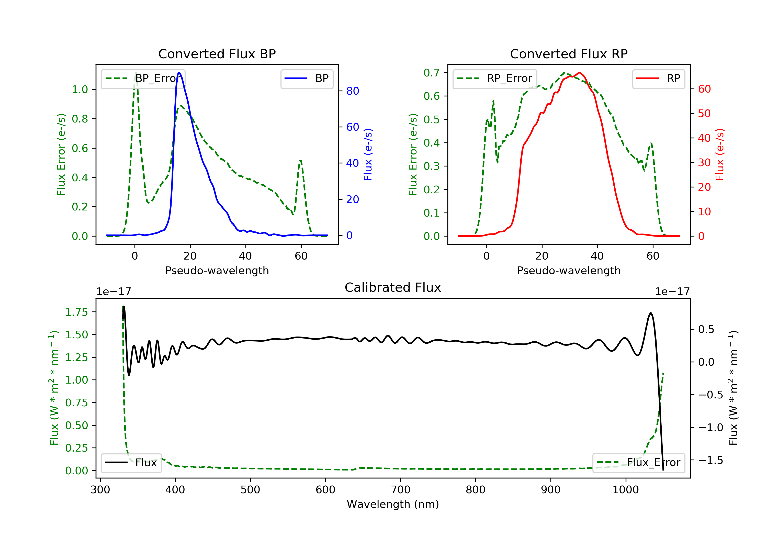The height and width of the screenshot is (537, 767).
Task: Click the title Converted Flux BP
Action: click(217, 54)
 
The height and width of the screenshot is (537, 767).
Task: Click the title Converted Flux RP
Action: click(569, 54)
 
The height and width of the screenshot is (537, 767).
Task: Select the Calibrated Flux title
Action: click(393, 287)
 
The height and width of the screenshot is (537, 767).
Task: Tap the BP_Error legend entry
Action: click(143, 79)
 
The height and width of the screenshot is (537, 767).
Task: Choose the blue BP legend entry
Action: click(307, 79)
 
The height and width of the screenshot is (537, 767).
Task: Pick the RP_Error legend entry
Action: click(495, 79)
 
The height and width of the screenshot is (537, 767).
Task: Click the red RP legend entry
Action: click(658, 79)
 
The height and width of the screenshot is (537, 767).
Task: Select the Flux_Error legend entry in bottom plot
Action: click(638, 463)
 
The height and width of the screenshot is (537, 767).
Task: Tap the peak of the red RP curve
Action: click(579, 73)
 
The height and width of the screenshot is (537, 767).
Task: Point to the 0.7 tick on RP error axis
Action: click(432, 73)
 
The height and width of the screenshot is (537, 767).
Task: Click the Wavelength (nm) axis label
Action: click(393, 504)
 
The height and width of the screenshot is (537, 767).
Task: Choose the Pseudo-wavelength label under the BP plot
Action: click(217, 270)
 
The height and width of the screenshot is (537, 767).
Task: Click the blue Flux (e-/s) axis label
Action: click(368, 154)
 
